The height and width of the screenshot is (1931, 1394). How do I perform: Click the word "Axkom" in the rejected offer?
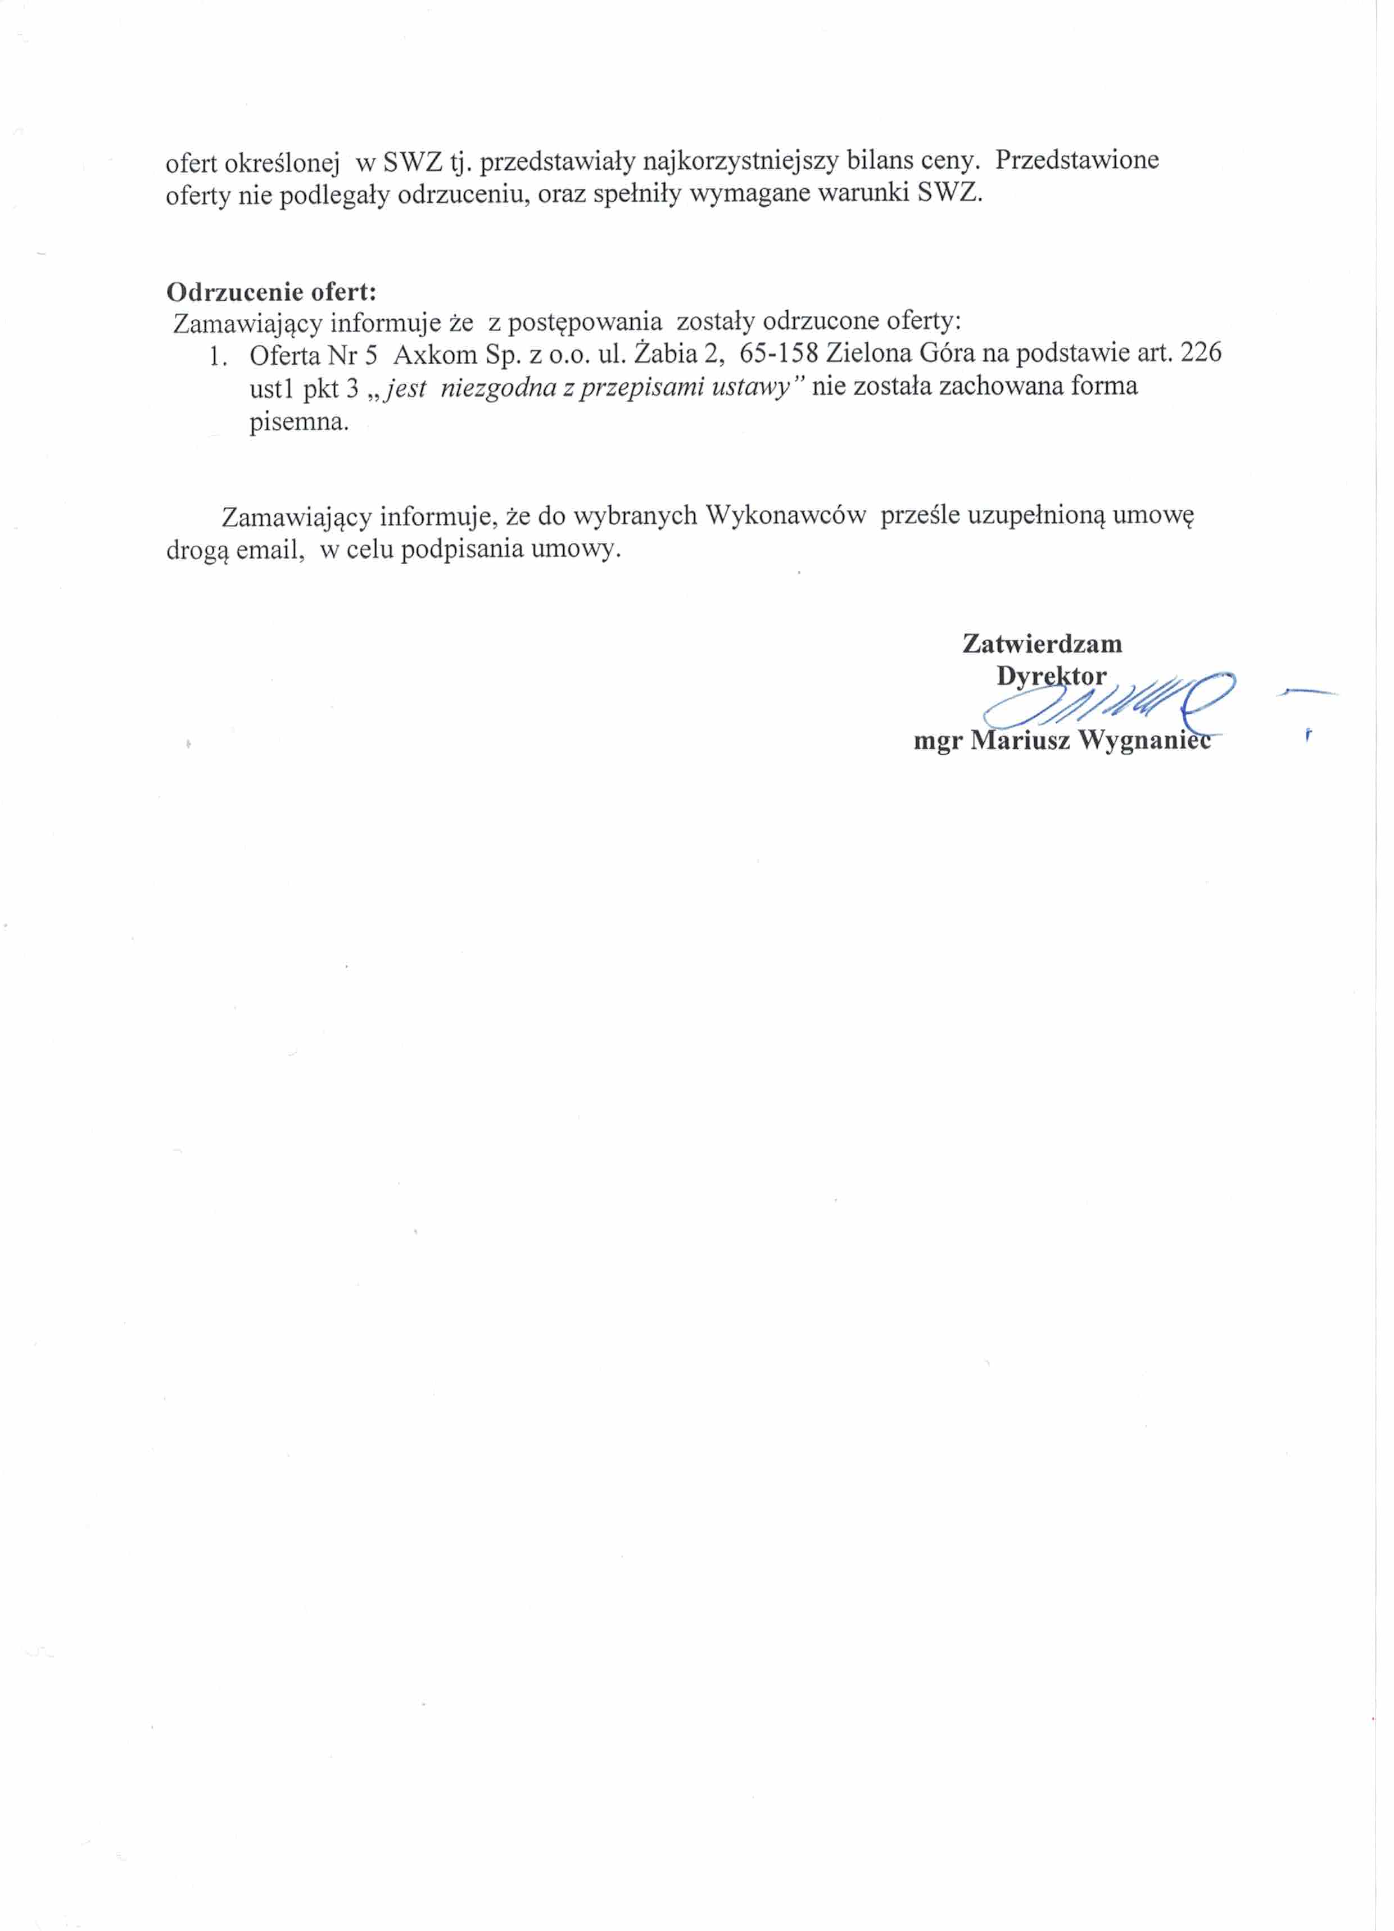[x=435, y=353]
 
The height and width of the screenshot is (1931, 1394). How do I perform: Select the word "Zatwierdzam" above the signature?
[x=1042, y=643]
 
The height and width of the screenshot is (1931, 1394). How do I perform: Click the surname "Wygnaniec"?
[x=1144, y=741]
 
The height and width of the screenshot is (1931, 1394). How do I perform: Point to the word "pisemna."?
[x=299, y=422]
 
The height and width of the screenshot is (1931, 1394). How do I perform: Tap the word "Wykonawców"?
[x=786, y=516]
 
